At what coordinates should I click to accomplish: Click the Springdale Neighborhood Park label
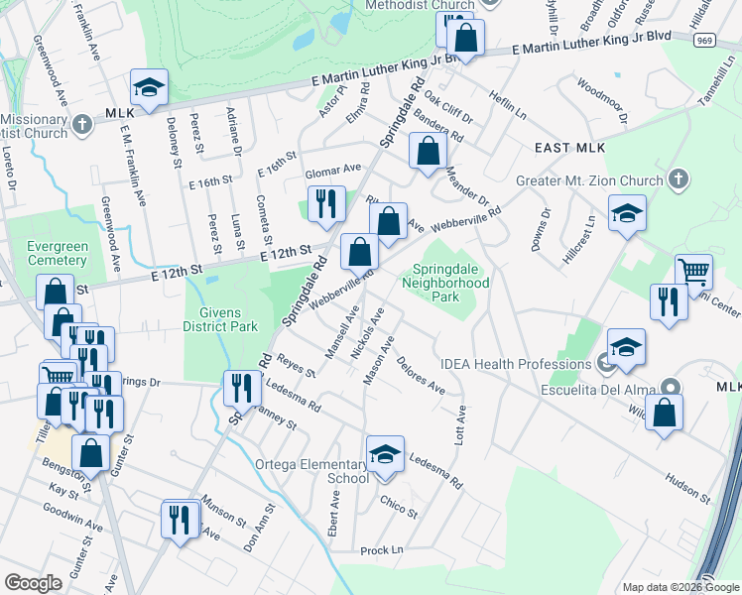[445, 283]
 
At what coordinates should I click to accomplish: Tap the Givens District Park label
[221, 318]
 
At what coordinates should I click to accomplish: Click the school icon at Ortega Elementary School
[385, 454]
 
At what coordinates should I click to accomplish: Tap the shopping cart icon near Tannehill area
[693, 270]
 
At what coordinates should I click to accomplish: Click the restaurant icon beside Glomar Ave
[326, 204]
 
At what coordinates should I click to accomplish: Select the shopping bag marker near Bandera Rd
[428, 152]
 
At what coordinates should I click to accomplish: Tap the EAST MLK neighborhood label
[568, 148]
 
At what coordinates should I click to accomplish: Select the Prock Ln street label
[383, 550]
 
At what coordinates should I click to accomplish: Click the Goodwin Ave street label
[72, 516]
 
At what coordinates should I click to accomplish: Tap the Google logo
[34, 583]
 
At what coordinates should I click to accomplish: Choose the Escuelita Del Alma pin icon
[672, 388]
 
